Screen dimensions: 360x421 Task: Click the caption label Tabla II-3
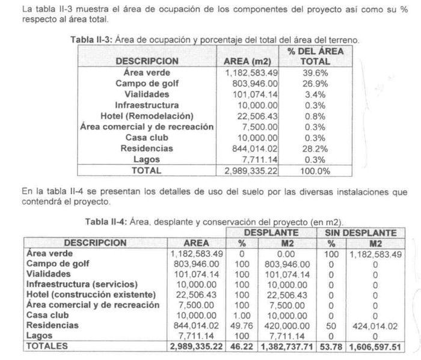point(91,40)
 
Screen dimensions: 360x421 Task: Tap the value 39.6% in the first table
point(315,73)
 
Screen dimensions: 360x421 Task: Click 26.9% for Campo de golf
point(315,84)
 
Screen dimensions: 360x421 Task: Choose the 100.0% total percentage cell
point(315,171)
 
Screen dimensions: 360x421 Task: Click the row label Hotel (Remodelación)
point(147,116)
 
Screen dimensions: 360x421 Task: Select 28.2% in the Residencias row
point(315,148)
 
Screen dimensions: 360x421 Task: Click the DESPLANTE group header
point(271,232)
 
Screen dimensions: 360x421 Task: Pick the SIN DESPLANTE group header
point(361,232)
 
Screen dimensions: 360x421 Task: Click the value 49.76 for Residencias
point(242,325)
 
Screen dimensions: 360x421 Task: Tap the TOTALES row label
point(48,346)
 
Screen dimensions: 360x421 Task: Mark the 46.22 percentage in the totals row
point(242,346)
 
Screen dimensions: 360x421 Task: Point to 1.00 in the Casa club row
point(242,315)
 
